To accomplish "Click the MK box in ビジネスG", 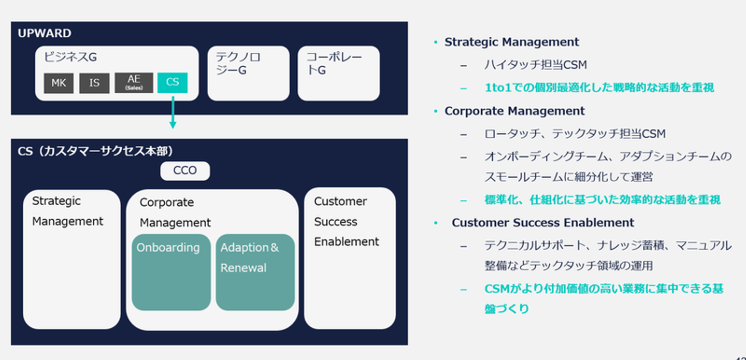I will tap(59, 83).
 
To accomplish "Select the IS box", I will tap(94, 83).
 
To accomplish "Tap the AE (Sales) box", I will tap(134, 83).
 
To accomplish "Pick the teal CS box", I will tap(172, 83).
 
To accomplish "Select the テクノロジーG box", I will tap(248, 73).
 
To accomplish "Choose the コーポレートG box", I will tap(338, 73).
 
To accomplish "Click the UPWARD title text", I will tap(45, 34).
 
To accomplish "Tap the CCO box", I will tap(185, 170).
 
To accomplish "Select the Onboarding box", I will tap(171, 272).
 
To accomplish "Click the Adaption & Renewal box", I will tap(255, 272).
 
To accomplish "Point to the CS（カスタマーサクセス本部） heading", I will tap(95, 151).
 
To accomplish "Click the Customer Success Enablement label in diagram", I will tap(347, 222).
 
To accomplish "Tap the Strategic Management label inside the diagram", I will tap(68, 211).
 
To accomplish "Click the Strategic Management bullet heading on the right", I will tap(511, 42).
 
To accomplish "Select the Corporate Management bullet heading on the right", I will tap(514, 111).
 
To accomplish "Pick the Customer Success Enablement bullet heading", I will tap(542, 223).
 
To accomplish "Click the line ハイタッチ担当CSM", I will tap(535, 65).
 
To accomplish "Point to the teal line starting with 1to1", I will tap(599, 88).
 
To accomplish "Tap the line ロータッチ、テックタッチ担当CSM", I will tap(575, 134).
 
